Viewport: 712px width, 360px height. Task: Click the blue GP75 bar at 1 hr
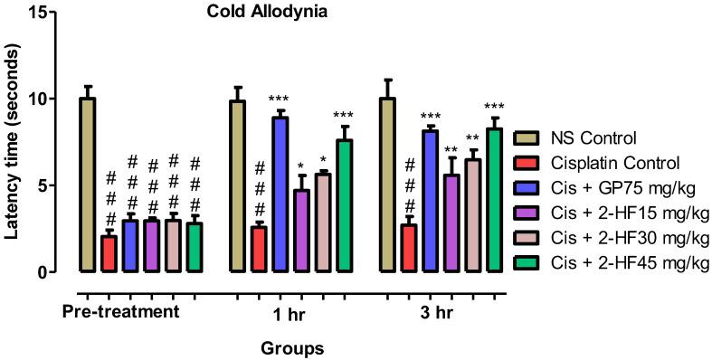(280, 194)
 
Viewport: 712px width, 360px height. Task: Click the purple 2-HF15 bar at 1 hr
(301, 231)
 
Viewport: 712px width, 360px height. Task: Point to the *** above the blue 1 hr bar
(280, 99)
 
